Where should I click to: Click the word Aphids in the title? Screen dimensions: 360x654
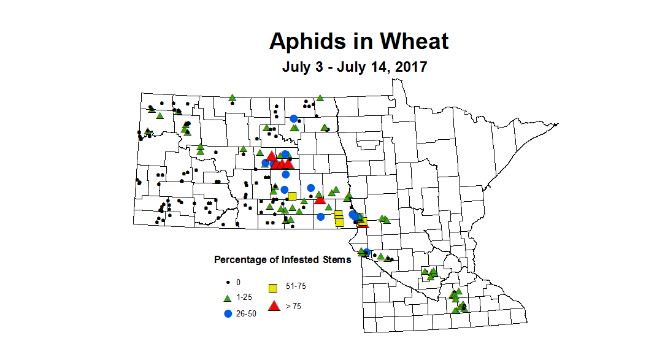pos(306,42)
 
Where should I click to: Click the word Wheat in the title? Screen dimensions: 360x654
pos(414,42)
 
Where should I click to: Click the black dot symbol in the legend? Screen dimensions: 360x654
pos(228,283)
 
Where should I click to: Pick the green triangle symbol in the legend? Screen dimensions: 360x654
pos(227,298)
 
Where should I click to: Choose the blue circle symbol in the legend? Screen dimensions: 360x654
pos(228,313)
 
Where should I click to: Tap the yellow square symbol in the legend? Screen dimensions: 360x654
pos(274,288)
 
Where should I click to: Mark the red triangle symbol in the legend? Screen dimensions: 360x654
pos(274,306)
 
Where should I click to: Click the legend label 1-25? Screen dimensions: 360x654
pos(244,297)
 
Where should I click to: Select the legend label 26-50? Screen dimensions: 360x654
pos(246,313)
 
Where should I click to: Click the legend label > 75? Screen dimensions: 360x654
pos(293,306)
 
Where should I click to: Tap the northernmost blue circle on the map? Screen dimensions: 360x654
pos(294,119)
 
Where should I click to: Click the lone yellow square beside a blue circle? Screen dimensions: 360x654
pos(293,196)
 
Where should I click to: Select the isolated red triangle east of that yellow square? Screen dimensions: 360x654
pos(320,200)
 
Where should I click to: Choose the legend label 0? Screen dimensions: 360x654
pos(238,282)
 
